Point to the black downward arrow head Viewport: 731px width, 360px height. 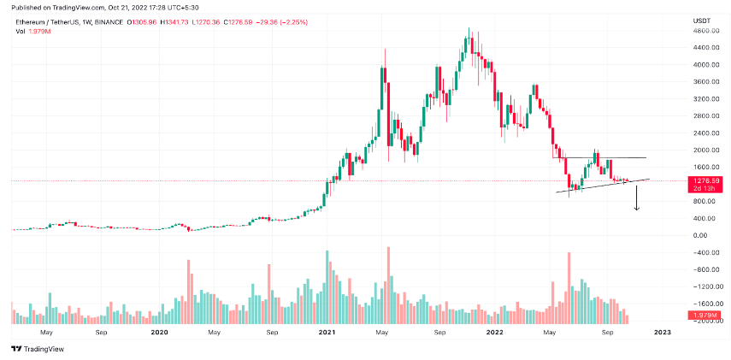[x=636, y=209]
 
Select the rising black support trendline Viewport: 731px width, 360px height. [x=598, y=186]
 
